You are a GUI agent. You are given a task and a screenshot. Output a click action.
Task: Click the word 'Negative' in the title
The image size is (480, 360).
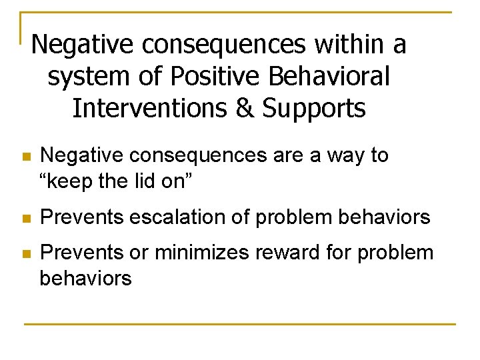pos(84,45)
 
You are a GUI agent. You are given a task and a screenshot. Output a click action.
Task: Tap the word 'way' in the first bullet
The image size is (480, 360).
pos(345,155)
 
